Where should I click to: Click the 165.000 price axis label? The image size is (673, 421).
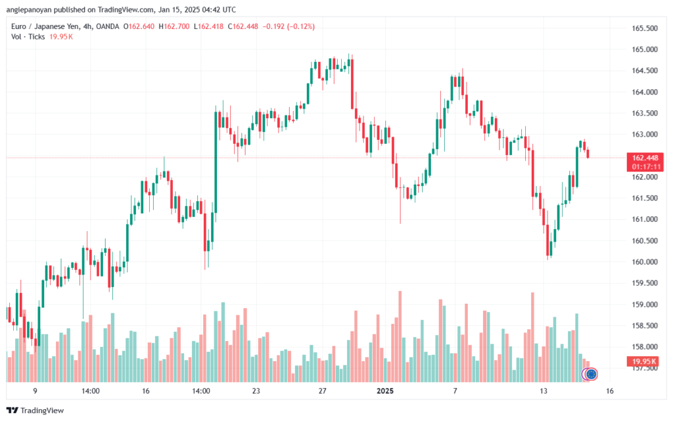[644, 49]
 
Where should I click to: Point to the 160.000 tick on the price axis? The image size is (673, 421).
[644, 262]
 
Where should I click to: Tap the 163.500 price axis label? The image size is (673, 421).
[644, 113]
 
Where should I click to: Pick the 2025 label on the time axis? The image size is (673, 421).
[385, 391]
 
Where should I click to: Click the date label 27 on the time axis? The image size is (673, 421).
[322, 391]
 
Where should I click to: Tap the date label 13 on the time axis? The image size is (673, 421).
[544, 391]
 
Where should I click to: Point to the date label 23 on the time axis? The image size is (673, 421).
[256, 391]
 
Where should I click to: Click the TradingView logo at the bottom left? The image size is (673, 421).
[35, 410]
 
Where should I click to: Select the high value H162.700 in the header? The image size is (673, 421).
[174, 26]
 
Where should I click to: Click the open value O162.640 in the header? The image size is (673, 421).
[139, 26]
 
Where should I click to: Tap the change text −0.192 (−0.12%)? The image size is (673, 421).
[289, 26]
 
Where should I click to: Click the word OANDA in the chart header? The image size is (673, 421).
[108, 26]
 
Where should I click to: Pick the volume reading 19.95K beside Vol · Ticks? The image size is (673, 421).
[61, 37]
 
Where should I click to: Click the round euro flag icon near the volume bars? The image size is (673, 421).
[591, 374]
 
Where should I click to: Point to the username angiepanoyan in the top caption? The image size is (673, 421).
[29, 9]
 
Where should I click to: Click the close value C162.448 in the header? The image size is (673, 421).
[243, 26]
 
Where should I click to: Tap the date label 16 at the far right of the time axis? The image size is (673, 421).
[609, 391]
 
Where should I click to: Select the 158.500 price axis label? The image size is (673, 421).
[644, 326]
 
